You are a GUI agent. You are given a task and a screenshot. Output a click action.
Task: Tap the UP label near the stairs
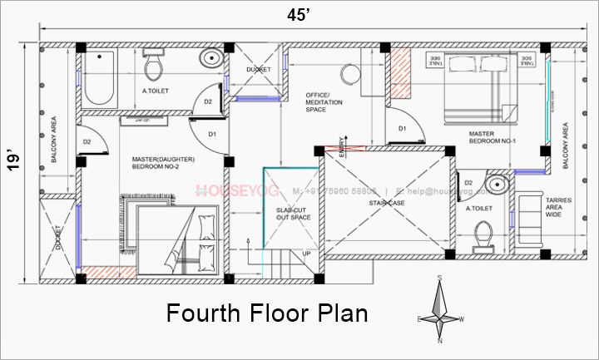tap(307, 254)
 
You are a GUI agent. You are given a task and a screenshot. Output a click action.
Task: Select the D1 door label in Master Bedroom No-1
tap(401, 128)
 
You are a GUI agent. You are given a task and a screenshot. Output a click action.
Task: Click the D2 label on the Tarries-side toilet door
tap(468, 182)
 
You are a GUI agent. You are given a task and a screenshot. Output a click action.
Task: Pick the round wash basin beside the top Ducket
tap(211, 59)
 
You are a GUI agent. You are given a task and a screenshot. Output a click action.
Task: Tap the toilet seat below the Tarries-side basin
tap(480, 236)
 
